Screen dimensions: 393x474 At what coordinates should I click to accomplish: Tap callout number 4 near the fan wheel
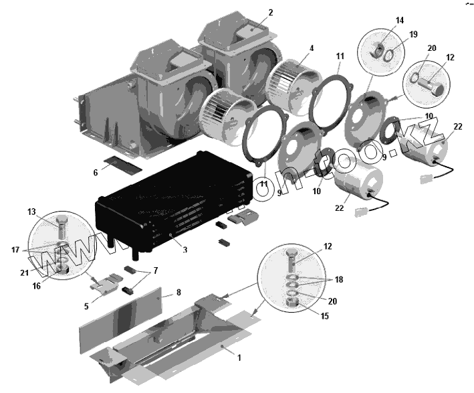tap(311, 48)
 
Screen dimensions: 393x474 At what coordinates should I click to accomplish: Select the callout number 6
tap(95, 172)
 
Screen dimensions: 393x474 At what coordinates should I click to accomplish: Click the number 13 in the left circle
tap(32, 212)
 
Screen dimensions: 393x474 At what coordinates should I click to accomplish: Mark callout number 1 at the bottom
tap(239, 358)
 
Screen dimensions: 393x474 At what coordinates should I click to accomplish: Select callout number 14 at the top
tap(400, 21)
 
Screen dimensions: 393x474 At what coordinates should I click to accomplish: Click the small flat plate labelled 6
tap(124, 164)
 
